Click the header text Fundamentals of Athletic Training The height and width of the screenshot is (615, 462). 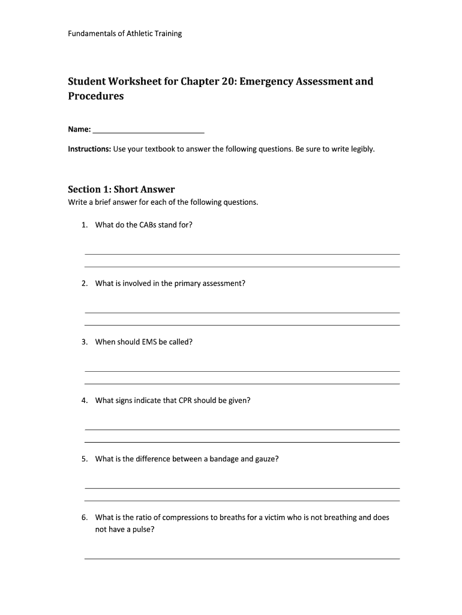pyautogui.click(x=124, y=34)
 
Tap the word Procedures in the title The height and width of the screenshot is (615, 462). pyautogui.click(x=95, y=96)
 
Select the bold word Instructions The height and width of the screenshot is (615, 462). pyautogui.click(x=89, y=149)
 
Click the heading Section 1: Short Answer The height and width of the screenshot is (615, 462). pyautogui.click(x=121, y=190)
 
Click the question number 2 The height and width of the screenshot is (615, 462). pyautogui.click(x=85, y=283)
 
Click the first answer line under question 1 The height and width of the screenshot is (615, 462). pyautogui.click(x=242, y=254)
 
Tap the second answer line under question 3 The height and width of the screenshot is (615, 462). pyautogui.click(x=242, y=383)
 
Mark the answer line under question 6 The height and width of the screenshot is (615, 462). pyautogui.click(x=242, y=559)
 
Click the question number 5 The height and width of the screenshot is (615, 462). pyautogui.click(x=85, y=459)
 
